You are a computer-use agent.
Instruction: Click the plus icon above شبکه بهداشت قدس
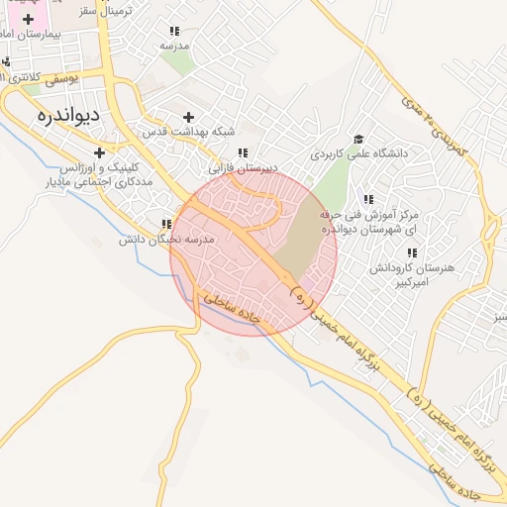pos(188,117)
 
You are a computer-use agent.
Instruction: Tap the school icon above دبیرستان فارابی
pos(242,152)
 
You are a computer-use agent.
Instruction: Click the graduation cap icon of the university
pos(357,139)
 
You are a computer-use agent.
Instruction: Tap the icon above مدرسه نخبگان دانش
pos(165,225)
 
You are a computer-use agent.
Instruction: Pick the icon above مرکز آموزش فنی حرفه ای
pos(369,199)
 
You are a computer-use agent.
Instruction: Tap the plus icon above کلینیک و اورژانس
pos(99,152)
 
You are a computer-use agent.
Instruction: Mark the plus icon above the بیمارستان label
pos(28,19)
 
